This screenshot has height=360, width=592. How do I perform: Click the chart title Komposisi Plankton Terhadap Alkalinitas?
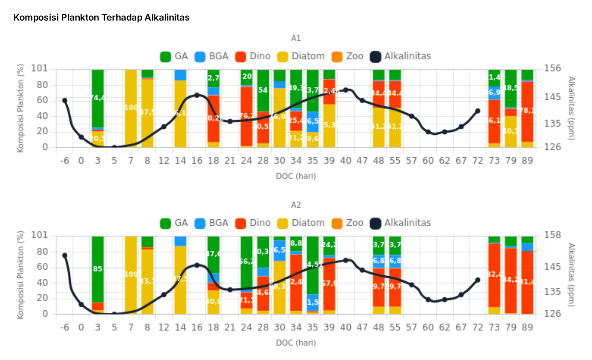(x=101, y=18)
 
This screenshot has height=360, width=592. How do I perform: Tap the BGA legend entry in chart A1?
(x=211, y=57)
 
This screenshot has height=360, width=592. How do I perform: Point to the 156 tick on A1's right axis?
(x=552, y=68)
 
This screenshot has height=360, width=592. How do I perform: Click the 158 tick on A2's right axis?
(x=552, y=235)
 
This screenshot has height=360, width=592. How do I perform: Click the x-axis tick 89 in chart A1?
(x=527, y=161)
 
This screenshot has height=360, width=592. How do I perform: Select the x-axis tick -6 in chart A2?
(x=65, y=327)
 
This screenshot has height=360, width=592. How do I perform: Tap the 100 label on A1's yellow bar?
(x=131, y=108)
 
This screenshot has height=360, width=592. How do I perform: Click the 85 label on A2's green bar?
(x=98, y=269)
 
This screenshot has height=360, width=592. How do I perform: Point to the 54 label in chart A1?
(x=263, y=90)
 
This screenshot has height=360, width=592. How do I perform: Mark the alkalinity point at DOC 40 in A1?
(x=346, y=90)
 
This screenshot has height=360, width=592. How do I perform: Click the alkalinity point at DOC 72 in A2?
(x=477, y=280)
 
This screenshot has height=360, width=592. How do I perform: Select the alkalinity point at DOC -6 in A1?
(x=65, y=100)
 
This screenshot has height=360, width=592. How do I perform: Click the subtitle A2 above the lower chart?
(x=296, y=205)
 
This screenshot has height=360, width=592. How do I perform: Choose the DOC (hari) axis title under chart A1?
(x=296, y=176)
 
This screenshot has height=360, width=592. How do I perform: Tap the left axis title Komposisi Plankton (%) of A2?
(x=21, y=275)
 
